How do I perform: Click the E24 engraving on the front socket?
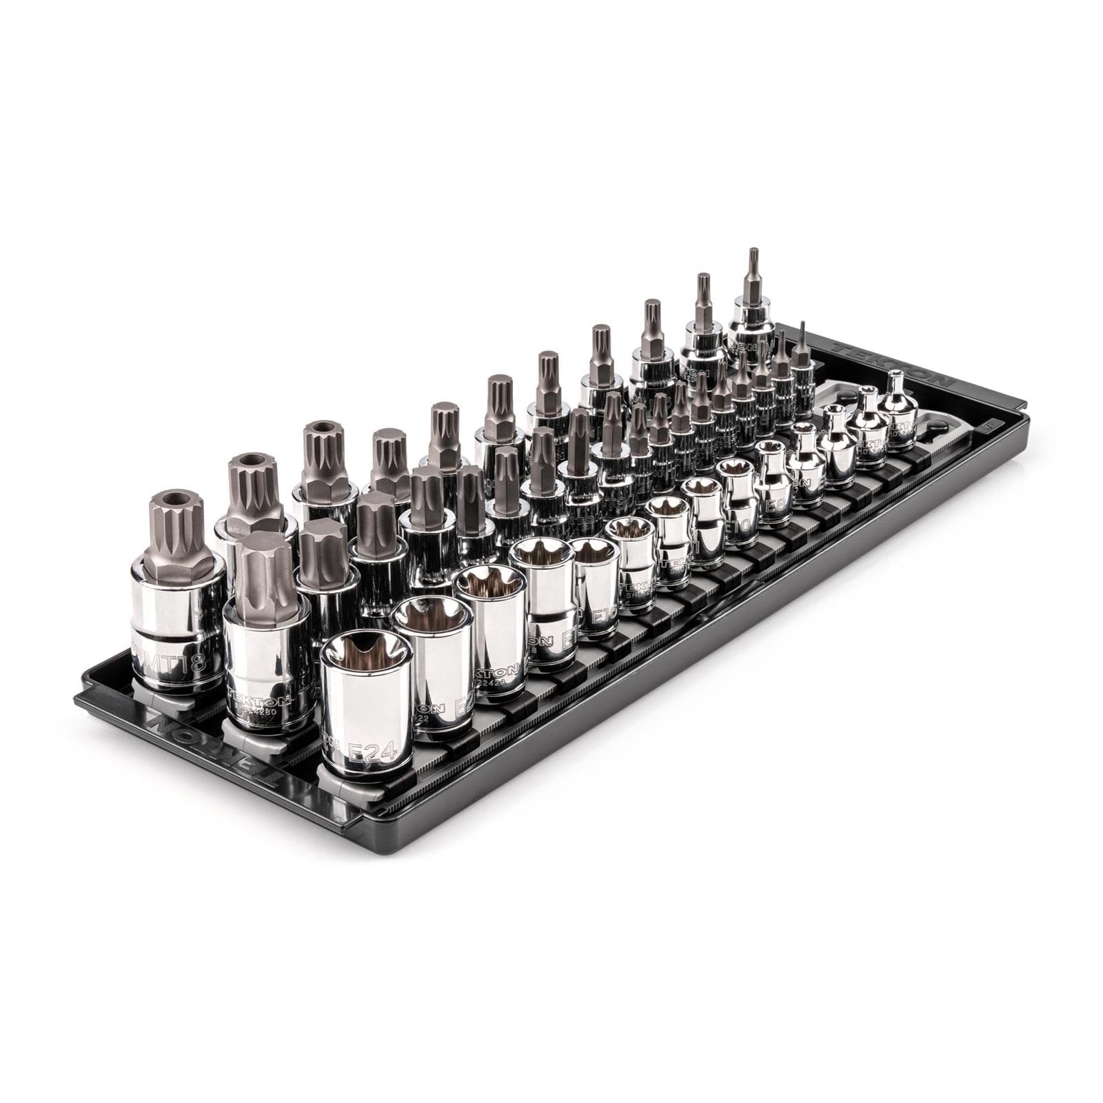pos(372,752)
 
